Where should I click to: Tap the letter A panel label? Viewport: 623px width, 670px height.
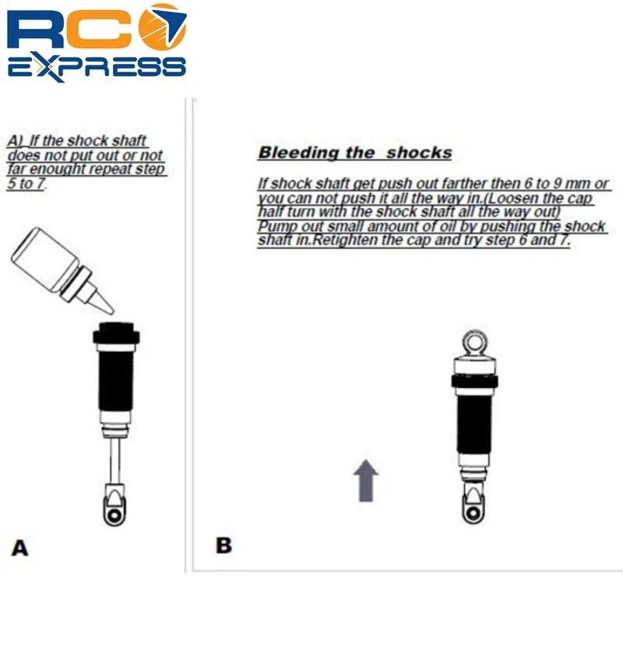pyautogui.click(x=20, y=548)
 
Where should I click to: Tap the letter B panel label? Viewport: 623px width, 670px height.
pyautogui.click(x=224, y=545)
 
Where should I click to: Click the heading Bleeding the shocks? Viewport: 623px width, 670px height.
pyautogui.click(x=354, y=153)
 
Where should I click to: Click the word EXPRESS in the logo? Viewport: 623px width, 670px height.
pyautogui.click(x=97, y=65)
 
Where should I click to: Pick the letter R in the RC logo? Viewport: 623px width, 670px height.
pyautogui.click(x=39, y=31)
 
